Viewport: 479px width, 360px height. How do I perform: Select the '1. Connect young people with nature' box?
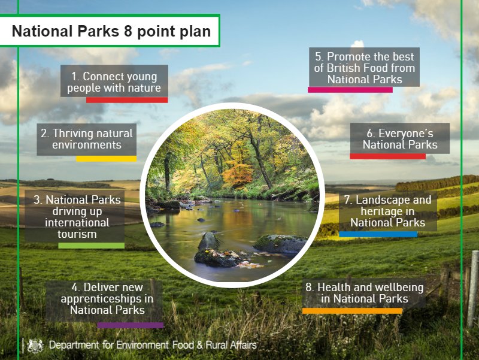pyautogui.click(x=114, y=82)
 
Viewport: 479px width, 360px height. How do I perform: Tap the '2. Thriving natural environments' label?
pyautogui.click(x=86, y=139)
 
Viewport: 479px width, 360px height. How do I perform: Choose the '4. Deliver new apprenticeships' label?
pyautogui.click(x=107, y=298)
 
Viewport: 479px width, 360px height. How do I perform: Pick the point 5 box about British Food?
pyautogui.click(x=365, y=67)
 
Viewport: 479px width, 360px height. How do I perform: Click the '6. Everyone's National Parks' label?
pyautogui.click(x=400, y=139)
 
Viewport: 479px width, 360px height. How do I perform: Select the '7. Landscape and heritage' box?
pyautogui.click(x=387, y=211)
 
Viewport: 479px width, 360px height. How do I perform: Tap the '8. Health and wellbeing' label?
pyautogui.click(x=364, y=293)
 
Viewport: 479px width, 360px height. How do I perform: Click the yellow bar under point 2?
pyautogui.click(x=106, y=159)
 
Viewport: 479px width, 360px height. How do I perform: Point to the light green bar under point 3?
pyautogui.click(x=91, y=246)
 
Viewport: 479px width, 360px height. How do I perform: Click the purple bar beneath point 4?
pyautogui.click(x=130, y=325)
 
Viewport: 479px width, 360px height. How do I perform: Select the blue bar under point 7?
pyautogui.click(x=378, y=234)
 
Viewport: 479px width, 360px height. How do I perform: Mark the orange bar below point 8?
pyautogui.click(x=352, y=311)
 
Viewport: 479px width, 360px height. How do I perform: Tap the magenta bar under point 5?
pyautogui.click(x=350, y=90)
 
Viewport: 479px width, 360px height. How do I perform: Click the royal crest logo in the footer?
pyautogui.click(x=36, y=345)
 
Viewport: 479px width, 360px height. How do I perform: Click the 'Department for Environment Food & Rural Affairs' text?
pyautogui.click(x=153, y=345)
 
